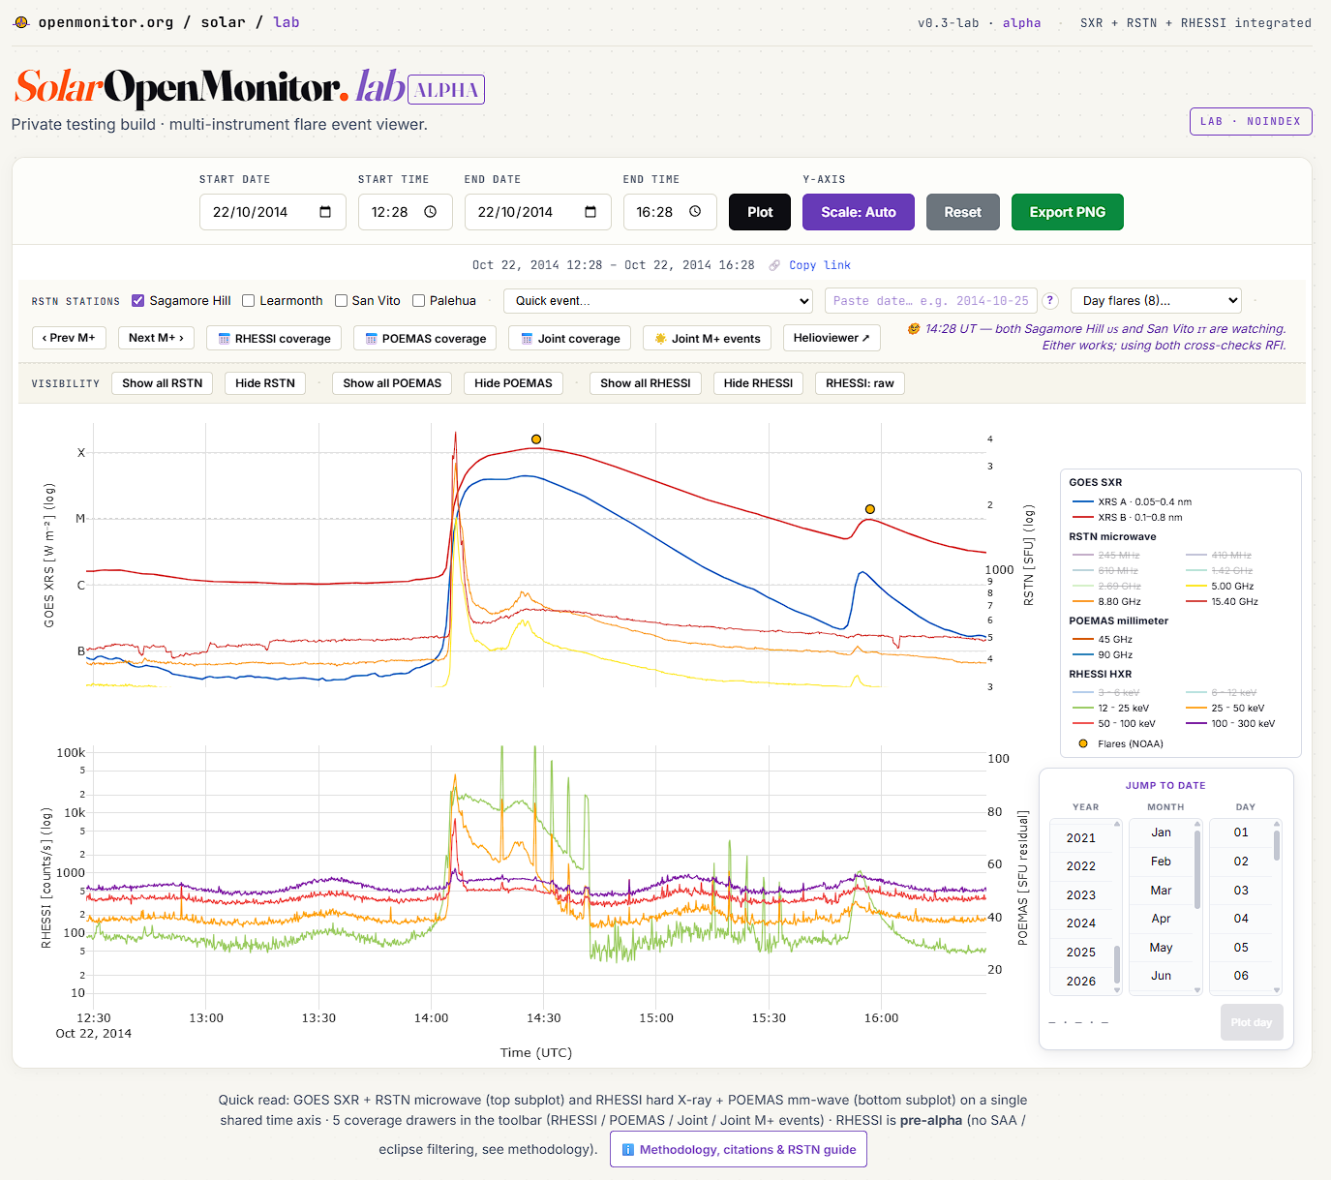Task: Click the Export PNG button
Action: pyautogui.click(x=1067, y=212)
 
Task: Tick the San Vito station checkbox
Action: pyautogui.click(x=341, y=301)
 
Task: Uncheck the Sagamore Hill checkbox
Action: pyautogui.click(x=138, y=301)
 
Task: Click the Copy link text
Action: pyautogui.click(x=819, y=265)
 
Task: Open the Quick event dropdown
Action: pyautogui.click(x=657, y=301)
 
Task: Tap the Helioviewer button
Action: pyautogui.click(x=832, y=338)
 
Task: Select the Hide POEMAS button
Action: pyautogui.click(x=513, y=383)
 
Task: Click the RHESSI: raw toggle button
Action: pyautogui.click(x=860, y=383)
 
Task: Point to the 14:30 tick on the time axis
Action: pyautogui.click(x=543, y=1017)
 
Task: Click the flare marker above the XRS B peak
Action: pyautogui.click(x=536, y=439)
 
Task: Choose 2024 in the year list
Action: pyautogui.click(x=1080, y=923)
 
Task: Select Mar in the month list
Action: pyautogui.click(x=1161, y=891)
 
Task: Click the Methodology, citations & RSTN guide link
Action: pyautogui.click(x=739, y=1150)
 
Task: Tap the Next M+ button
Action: pyautogui.click(x=156, y=338)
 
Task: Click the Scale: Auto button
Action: pyautogui.click(x=858, y=212)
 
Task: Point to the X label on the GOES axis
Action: pyautogui.click(x=80, y=453)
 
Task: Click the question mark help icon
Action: pyautogui.click(x=1050, y=301)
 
